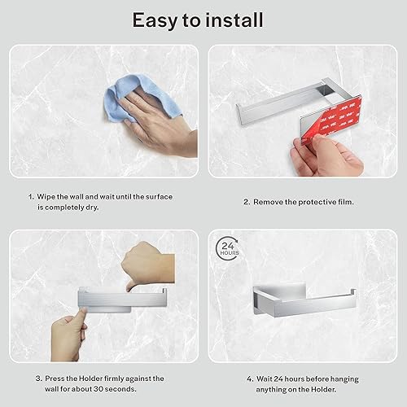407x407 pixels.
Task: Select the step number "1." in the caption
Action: (x=31, y=197)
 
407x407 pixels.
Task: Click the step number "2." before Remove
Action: (x=246, y=202)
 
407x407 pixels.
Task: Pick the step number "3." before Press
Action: (x=37, y=378)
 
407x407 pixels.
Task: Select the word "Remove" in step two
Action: (x=271, y=202)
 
